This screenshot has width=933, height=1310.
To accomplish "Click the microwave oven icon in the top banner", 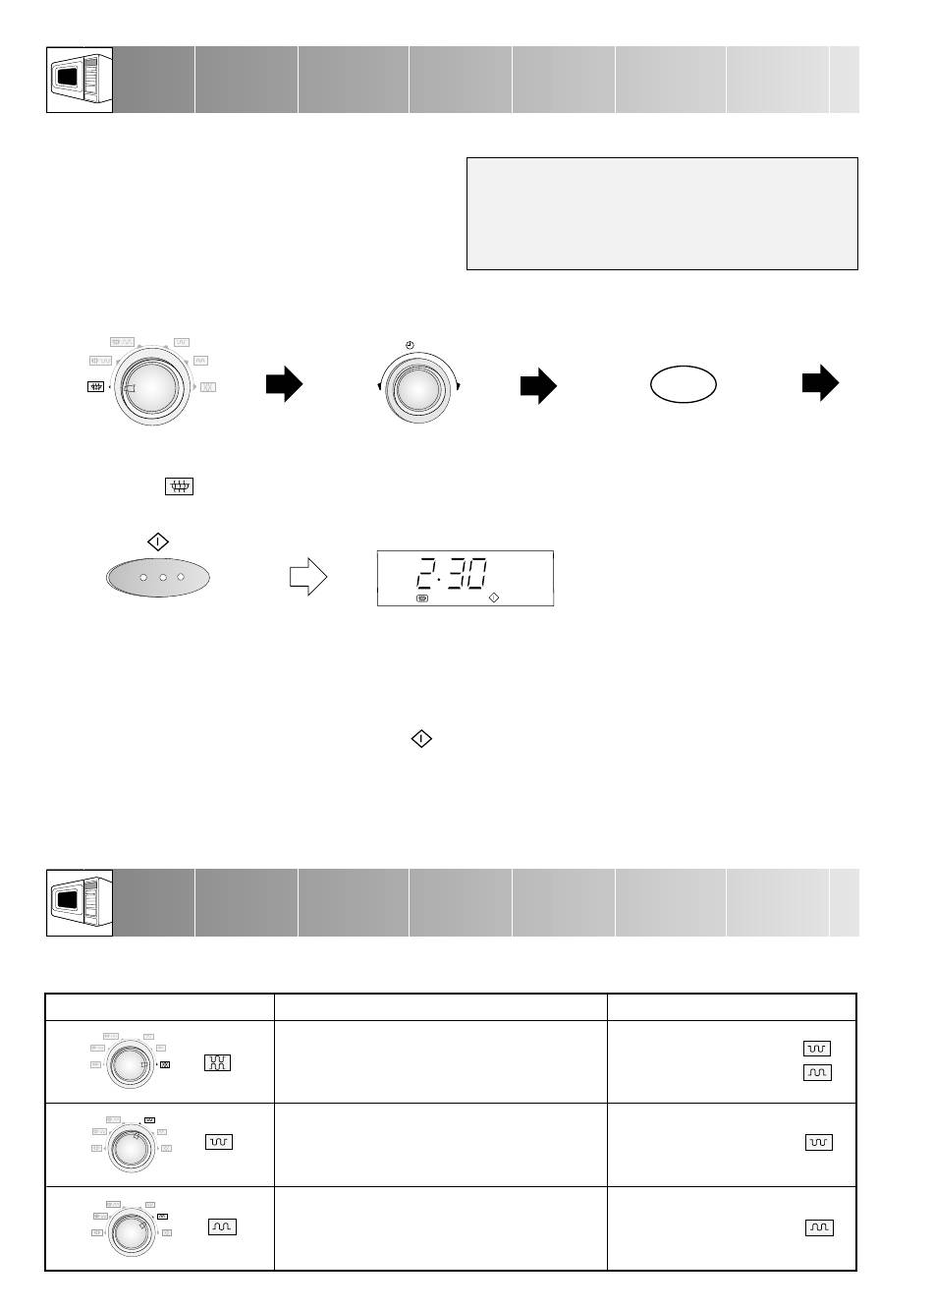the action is click(x=80, y=80).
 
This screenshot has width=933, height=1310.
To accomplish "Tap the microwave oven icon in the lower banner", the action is click(x=80, y=902).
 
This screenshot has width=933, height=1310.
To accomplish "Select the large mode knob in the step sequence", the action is click(x=152, y=388).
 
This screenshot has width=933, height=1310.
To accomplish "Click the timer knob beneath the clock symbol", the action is click(x=418, y=389).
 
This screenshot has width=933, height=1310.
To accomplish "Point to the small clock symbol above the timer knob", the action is click(x=410, y=345).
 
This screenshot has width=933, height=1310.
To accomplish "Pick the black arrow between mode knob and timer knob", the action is click(x=285, y=384).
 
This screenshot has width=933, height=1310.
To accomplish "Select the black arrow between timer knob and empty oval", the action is click(x=538, y=386).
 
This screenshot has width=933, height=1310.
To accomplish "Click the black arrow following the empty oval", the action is click(x=821, y=383).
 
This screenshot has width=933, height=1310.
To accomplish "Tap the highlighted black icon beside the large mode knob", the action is click(x=95, y=386).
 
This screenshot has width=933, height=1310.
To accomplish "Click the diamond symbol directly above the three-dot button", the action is click(x=158, y=542).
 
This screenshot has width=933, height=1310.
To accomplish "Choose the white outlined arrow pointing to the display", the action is click(x=308, y=577).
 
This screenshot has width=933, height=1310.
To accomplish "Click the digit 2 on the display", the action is click(x=426, y=573).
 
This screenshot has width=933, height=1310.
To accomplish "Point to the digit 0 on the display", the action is click(x=476, y=573).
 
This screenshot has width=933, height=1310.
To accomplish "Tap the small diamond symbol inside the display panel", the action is click(x=494, y=598).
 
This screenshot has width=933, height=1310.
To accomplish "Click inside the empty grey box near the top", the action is click(x=662, y=213).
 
